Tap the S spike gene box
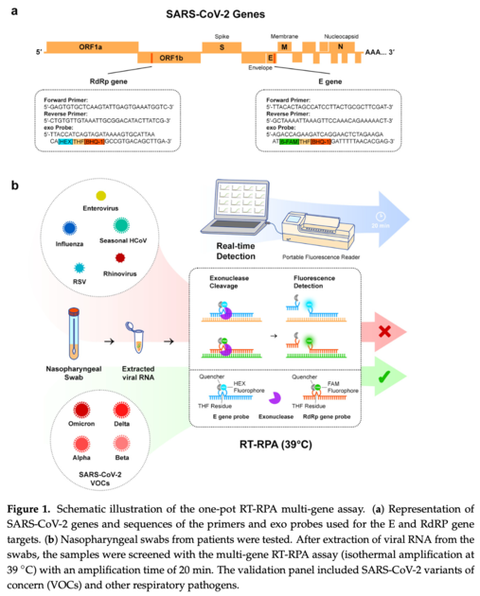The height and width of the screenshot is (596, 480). (221, 46)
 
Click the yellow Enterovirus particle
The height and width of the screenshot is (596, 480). (100, 195)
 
